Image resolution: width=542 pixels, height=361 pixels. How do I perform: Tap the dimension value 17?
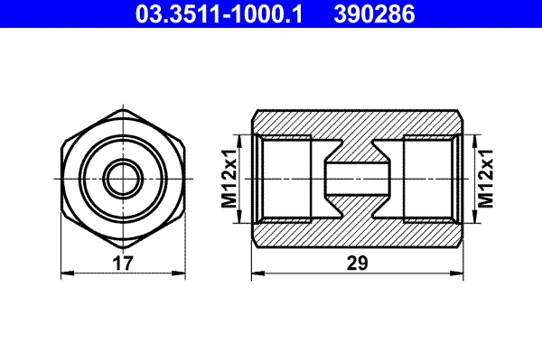point(123,264)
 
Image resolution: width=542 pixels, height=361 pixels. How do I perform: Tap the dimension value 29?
point(359,264)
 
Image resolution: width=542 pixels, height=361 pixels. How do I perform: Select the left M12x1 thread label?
point(229,178)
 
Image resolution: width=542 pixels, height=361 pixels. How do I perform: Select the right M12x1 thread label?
point(485,178)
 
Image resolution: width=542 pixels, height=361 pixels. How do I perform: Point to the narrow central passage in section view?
point(357,178)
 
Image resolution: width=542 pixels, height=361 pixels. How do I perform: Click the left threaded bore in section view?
point(285,178)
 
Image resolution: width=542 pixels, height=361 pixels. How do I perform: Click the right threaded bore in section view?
point(428,178)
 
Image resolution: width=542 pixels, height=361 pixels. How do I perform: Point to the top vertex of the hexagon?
point(122,108)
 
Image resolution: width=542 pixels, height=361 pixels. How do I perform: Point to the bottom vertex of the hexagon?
point(122,247)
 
